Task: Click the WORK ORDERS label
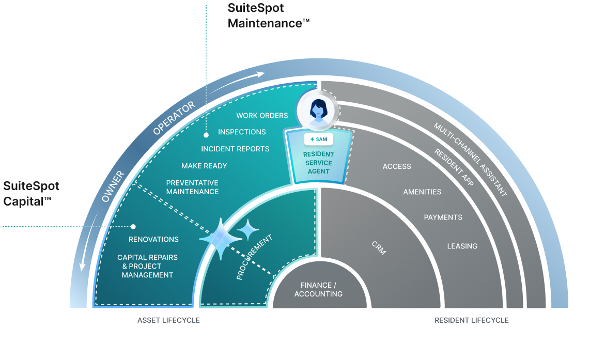pyautogui.click(x=262, y=116)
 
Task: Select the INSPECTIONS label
pyautogui.click(x=242, y=132)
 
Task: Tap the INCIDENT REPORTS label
pyautogui.click(x=235, y=149)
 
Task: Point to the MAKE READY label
pyautogui.click(x=204, y=166)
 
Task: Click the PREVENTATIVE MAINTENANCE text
pyautogui.click(x=192, y=187)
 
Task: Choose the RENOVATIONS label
pyautogui.click(x=153, y=239)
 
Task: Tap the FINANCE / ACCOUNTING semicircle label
pyautogui.click(x=318, y=290)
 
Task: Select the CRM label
pyautogui.click(x=379, y=248)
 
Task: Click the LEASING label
pyautogui.click(x=462, y=246)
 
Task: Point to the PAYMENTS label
pyautogui.click(x=443, y=217)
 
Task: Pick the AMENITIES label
pyautogui.click(x=422, y=192)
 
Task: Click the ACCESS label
pyautogui.click(x=397, y=166)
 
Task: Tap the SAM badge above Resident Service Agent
pyautogui.click(x=318, y=139)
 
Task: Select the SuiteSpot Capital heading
pyautogui.click(x=31, y=193)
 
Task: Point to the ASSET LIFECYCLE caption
pyautogui.click(x=168, y=320)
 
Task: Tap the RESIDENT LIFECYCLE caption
pyautogui.click(x=471, y=320)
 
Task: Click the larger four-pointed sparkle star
pyautogui.click(x=221, y=239)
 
